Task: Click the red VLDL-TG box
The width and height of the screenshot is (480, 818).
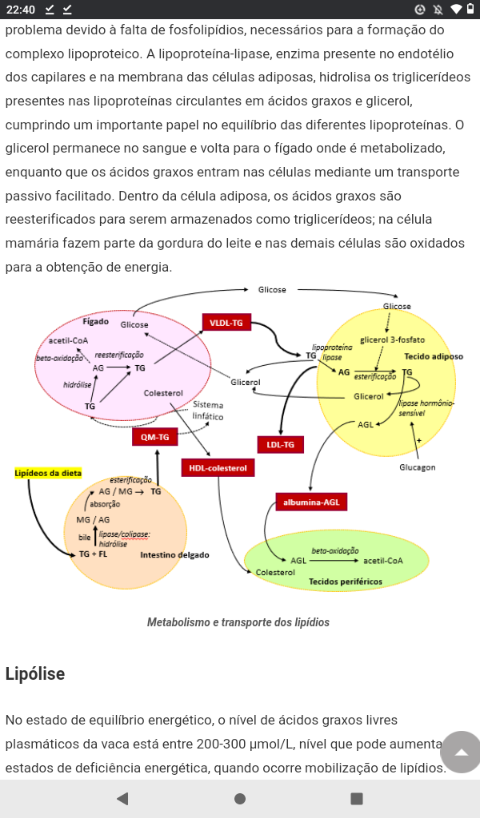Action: [226, 323]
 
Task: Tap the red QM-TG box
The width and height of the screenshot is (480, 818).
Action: [154, 437]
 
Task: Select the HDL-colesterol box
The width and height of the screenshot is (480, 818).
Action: [218, 467]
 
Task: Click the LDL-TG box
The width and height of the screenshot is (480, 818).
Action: [280, 444]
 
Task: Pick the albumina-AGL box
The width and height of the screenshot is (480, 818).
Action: [311, 502]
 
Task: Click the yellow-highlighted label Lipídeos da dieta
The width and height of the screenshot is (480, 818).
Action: [48, 473]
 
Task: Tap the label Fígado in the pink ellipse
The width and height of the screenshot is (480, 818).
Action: [95, 321]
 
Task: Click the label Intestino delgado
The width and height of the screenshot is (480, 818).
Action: [175, 554]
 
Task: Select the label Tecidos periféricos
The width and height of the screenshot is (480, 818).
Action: [346, 582]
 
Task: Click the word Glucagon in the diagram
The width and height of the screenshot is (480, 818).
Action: [417, 467]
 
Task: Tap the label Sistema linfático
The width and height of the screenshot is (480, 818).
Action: [208, 411]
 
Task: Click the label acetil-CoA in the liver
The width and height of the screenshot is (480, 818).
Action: [69, 340]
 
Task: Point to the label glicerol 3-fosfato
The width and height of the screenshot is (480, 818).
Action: [392, 340]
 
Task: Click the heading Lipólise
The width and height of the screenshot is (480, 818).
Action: [35, 673]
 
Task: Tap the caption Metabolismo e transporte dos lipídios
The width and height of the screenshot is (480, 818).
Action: [238, 622]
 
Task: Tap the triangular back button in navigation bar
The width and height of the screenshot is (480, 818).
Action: [122, 798]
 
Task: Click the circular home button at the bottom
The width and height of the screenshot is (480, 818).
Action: [240, 798]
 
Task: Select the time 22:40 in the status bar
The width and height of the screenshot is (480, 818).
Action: [21, 10]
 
